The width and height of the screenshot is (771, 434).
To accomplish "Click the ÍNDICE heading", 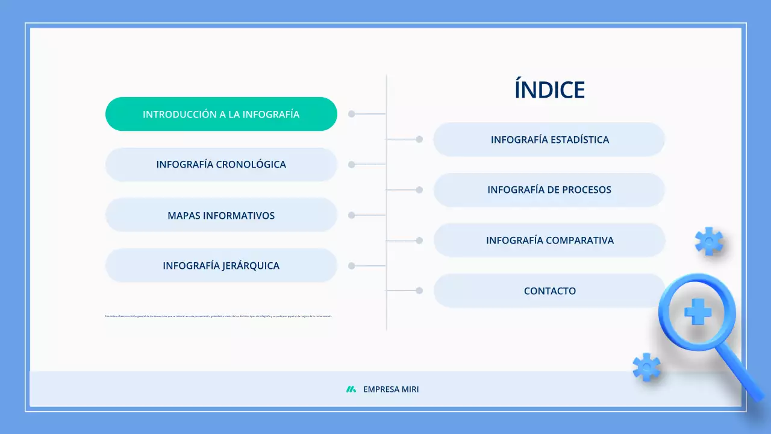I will point(549,90).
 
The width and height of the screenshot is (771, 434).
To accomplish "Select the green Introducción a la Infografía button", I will point(221,114).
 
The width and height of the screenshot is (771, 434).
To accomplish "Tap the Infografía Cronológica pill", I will point(221,165).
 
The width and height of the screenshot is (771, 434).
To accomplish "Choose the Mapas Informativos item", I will point(221,215).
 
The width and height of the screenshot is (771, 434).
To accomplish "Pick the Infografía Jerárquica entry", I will point(221,266).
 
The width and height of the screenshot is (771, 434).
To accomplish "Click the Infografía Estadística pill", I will point(549,140).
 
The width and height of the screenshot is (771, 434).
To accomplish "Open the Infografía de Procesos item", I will point(549,190).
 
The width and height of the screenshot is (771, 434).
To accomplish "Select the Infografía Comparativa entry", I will point(549,241).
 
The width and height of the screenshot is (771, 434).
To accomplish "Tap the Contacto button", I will point(549,291).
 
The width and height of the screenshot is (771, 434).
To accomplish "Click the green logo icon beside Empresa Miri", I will point(351,389).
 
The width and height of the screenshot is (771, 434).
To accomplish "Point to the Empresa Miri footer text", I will point(391,389).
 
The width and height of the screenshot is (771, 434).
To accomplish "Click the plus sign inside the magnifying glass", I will point(698,312).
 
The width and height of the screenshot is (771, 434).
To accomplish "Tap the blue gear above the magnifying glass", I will point(709,241).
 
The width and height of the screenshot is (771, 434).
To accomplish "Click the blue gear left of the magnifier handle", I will point(646,367).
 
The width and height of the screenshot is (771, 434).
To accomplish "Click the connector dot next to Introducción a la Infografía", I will point(352,114).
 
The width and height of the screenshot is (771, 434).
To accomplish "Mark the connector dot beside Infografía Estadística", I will point(419,139).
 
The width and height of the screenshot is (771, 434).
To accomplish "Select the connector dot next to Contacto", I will point(419,291).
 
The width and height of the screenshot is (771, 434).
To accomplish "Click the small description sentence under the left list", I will point(218,316).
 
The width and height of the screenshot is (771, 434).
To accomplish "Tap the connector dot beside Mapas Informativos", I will point(352,215).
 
